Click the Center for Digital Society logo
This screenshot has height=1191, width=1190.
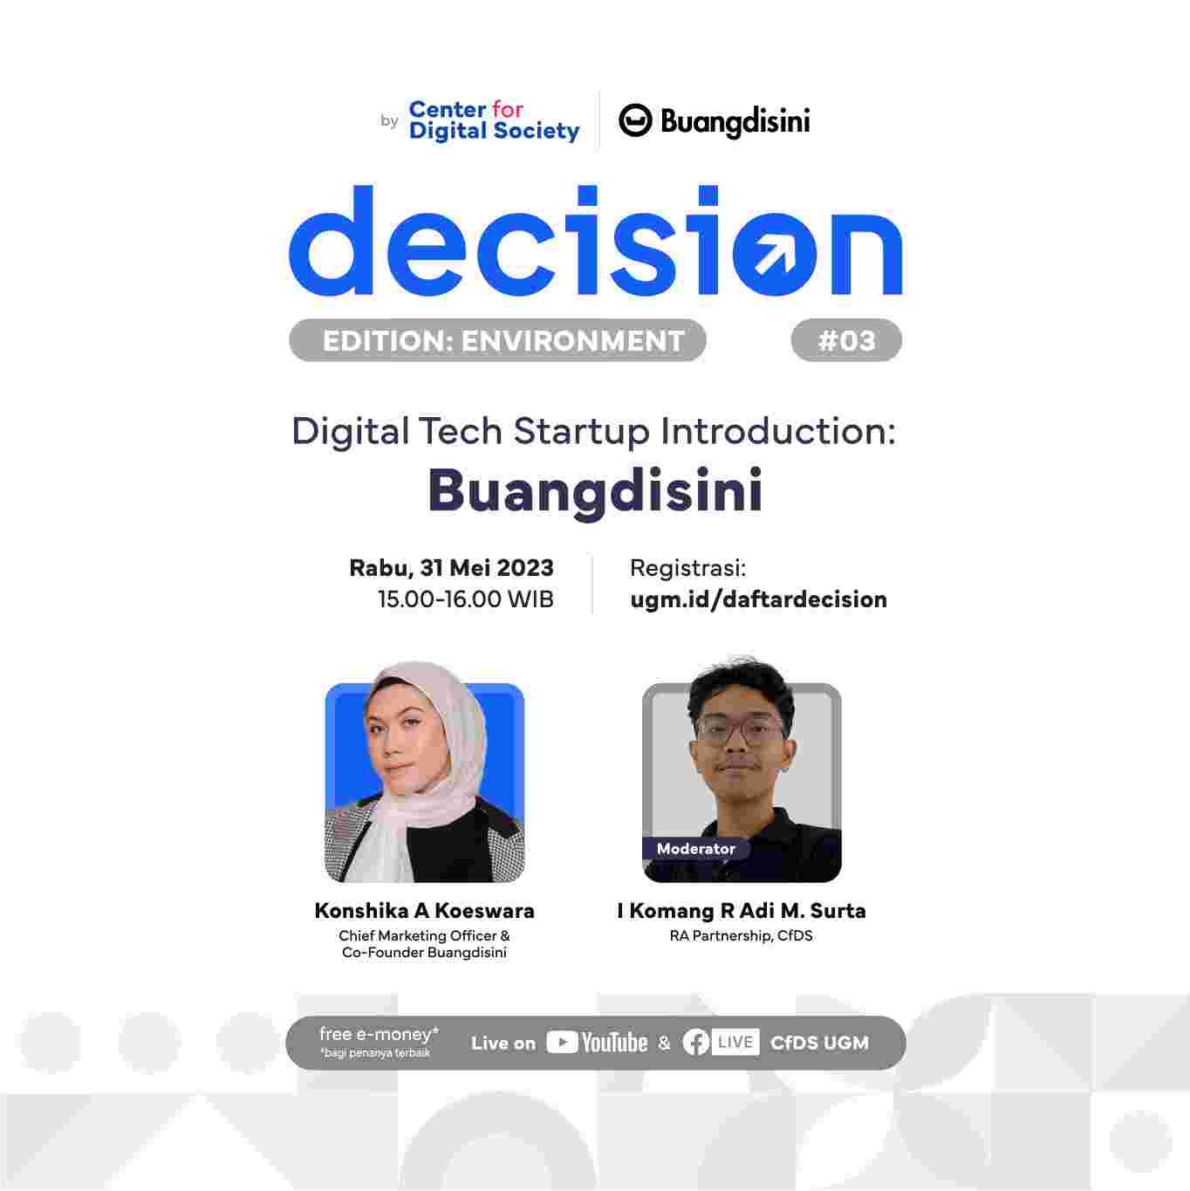click(x=493, y=120)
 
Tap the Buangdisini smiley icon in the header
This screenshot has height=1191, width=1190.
click(x=635, y=120)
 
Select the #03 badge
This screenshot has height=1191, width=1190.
click(x=845, y=340)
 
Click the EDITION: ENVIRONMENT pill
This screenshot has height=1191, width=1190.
click(x=497, y=340)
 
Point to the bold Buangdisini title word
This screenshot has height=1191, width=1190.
click(x=595, y=490)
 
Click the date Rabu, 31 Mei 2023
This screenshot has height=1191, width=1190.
click(x=451, y=568)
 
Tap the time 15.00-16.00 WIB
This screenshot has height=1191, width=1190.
click(x=465, y=599)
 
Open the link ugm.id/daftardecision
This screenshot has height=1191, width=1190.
click(x=757, y=599)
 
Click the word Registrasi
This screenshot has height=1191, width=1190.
click(x=687, y=568)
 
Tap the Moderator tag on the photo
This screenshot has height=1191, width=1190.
click(x=695, y=848)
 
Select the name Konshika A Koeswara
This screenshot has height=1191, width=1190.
click(x=424, y=911)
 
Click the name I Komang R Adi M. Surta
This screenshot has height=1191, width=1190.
click(x=741, y=911)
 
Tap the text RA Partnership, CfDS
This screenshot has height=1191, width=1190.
click(x=741, y=936)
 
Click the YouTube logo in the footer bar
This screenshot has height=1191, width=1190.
click(x=597, y=1043)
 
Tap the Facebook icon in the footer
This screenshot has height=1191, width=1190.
click(x=695, y=1043)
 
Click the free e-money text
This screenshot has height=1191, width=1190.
click(x=379, y=1035)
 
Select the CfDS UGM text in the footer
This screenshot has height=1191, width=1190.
click(x=819, y=1043)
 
